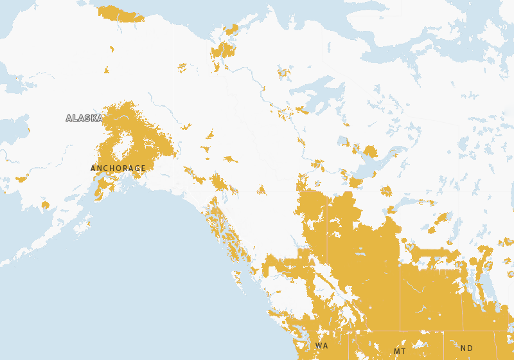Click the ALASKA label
tap(84, 118)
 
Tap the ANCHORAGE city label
tap(118, 168)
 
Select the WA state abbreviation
tap(321, 346)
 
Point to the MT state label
tap(400, 351)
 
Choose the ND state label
tap(466, 348)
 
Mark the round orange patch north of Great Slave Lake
tap(369, 152)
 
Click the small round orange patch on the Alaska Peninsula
tap(45, 205)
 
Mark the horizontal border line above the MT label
tap(398, 332)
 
